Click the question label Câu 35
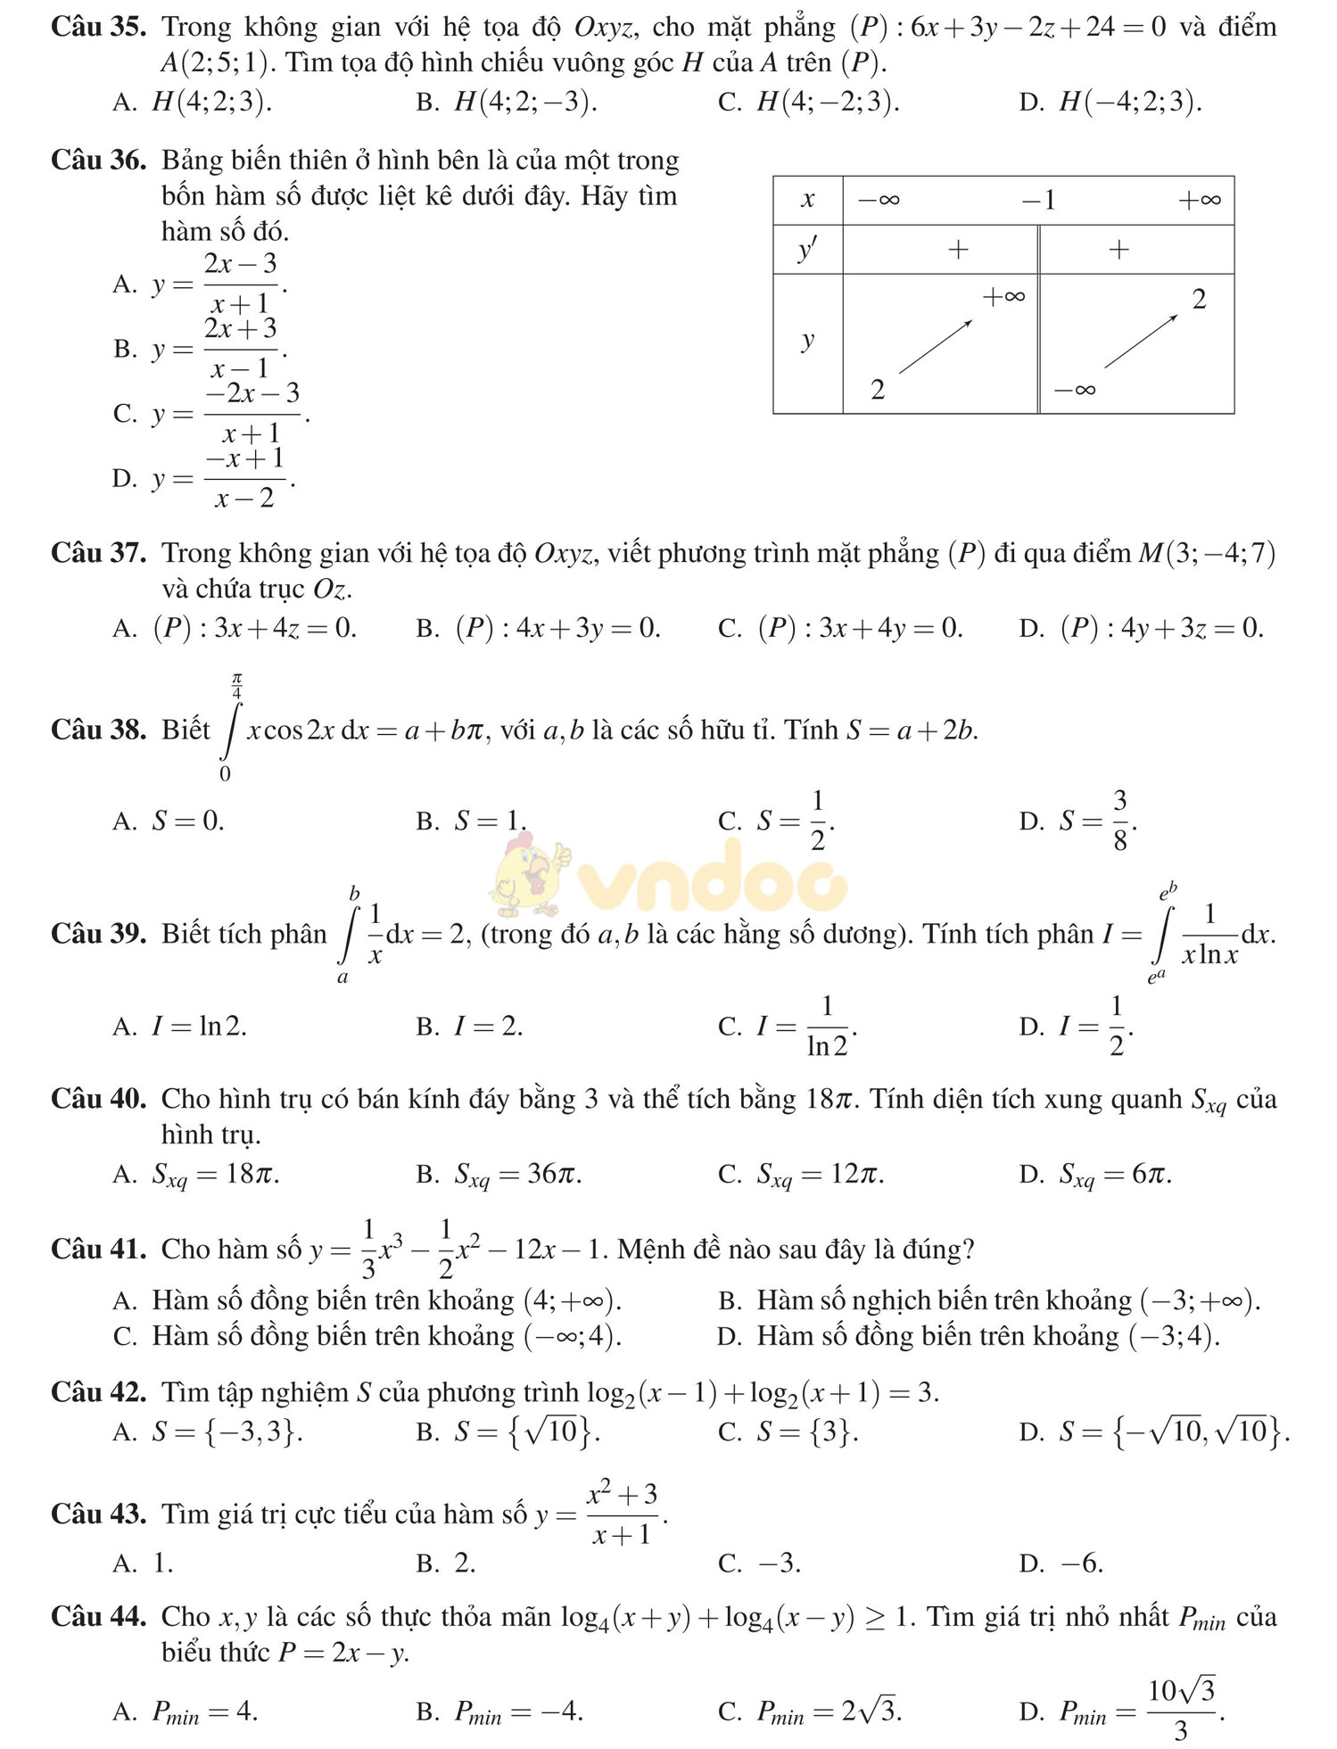tap(98, 28)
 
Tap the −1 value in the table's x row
tap(1038, 200)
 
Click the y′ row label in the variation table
tap(807, 250)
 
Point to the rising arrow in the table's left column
tap(935, 346)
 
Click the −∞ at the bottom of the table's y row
tap(1074, 390)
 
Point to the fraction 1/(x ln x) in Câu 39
tap(1209, 935)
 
